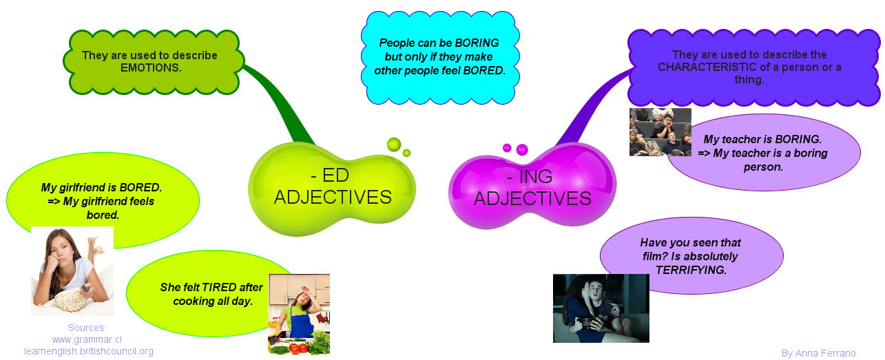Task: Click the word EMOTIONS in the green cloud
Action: click(x=151, y=68)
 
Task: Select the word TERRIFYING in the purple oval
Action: click(x=691, y=270)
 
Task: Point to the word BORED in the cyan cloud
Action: click(x=484, y=70)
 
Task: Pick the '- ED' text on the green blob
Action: click(x=330, y=176)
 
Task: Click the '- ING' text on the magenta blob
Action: click(x=530, y=176)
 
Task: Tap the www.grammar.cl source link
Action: click(x=87, y=339)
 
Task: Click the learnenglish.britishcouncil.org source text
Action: click(x=88, y=351)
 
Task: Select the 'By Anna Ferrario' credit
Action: click(x=818, y=353)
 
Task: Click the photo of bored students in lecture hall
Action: click(x=660, y=132)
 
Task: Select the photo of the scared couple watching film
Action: click(x=601, y=308)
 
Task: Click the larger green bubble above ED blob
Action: click(x=393, y=145)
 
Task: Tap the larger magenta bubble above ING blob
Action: click(x=522, y=149)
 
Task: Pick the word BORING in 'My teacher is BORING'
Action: click(x=798, y=139)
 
